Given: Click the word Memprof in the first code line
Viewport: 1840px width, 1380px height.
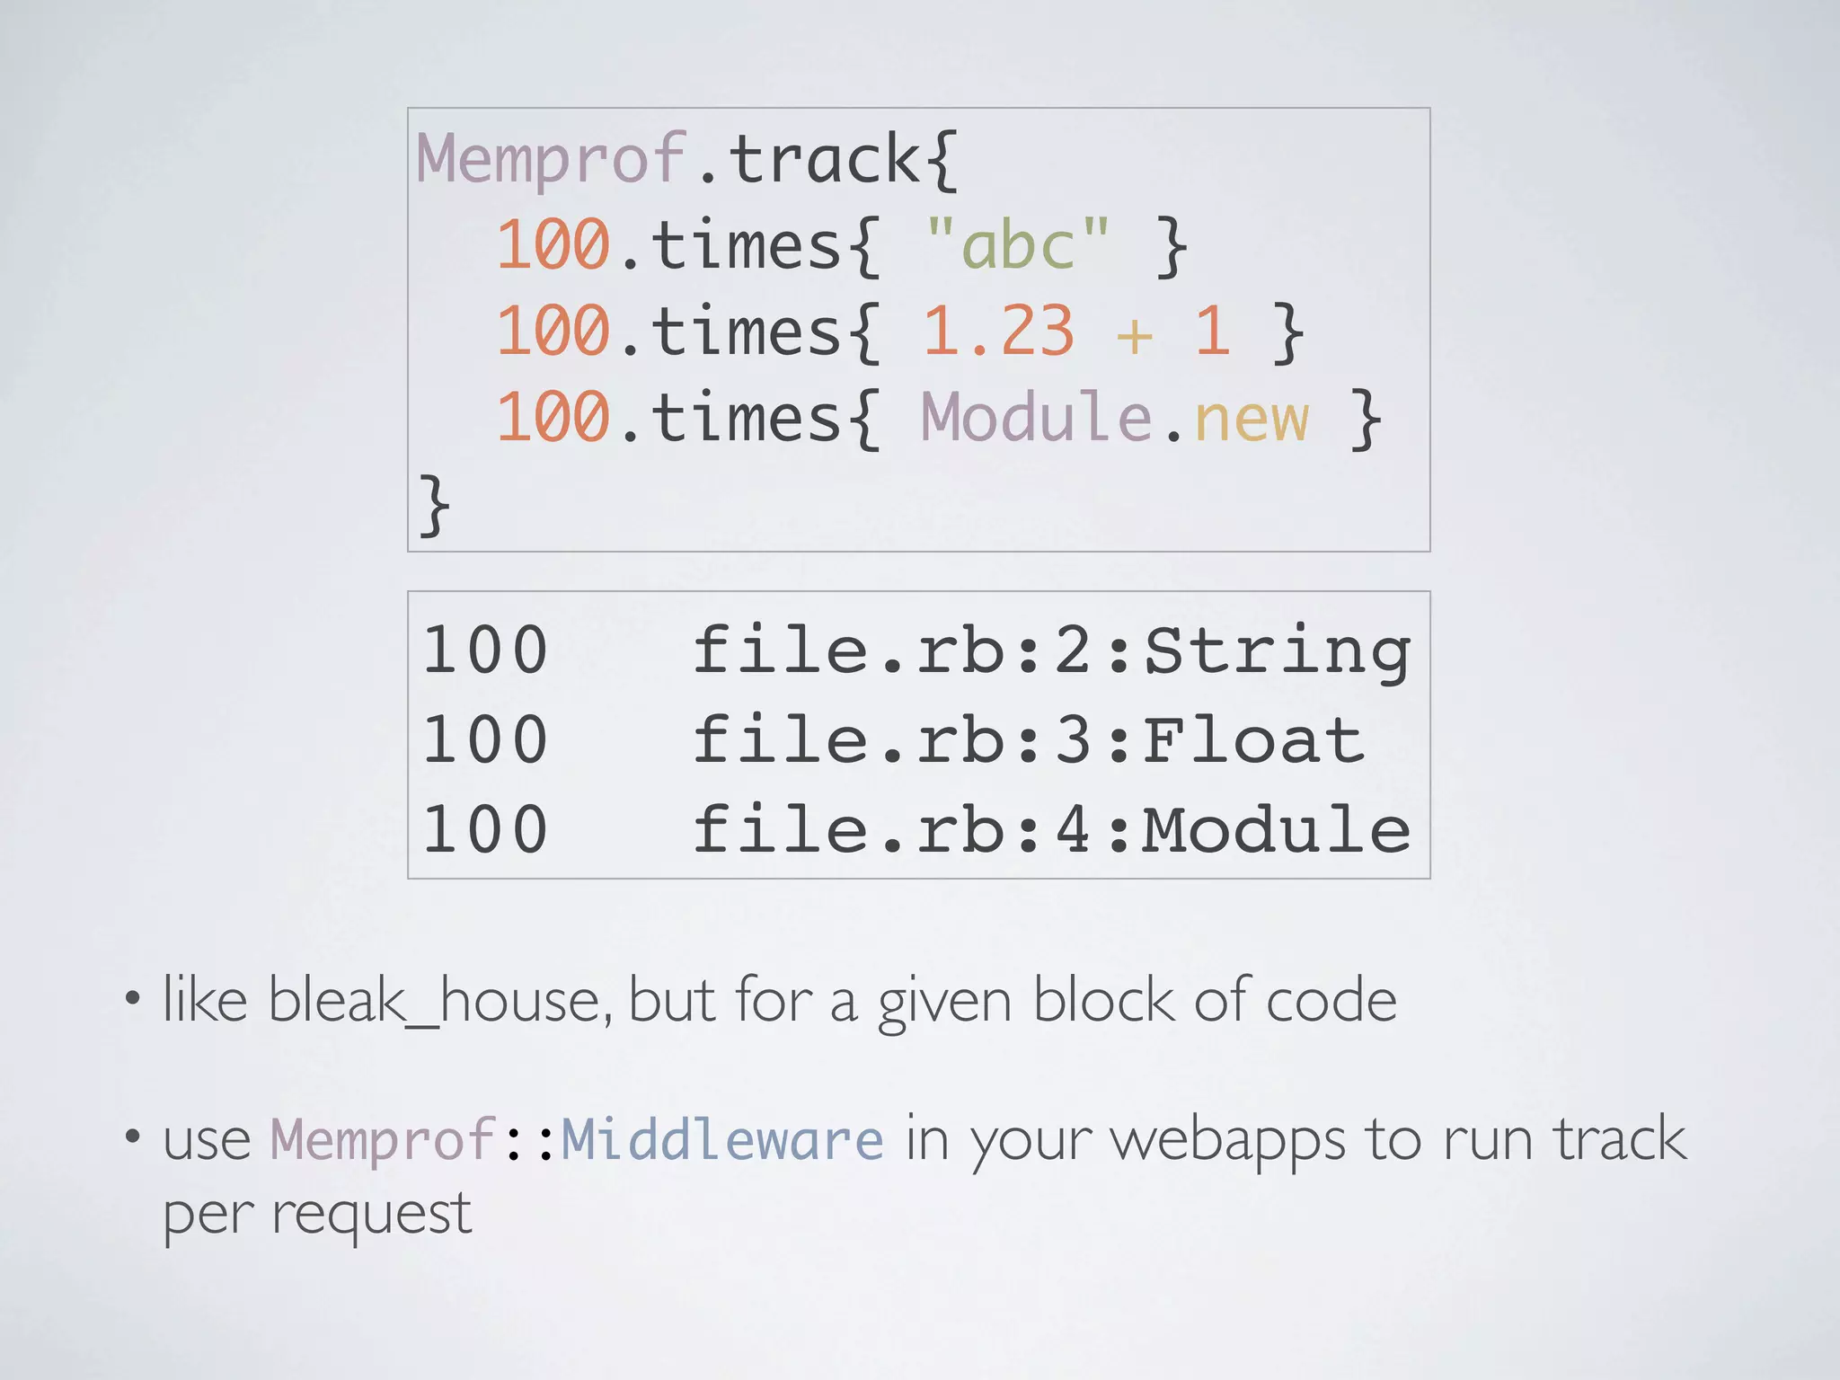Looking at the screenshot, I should (x=550, y=160).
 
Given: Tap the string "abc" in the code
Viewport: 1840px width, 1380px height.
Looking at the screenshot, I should (x=1017, y=244).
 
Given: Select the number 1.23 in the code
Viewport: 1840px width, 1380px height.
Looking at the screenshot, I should (x=998, y=331).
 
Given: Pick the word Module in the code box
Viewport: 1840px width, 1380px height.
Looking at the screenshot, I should (x=1036, y=417).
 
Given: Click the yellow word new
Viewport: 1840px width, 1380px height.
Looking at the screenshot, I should (x=1251, y=419).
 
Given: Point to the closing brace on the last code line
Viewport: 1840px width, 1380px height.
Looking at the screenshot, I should (x=434, y=504).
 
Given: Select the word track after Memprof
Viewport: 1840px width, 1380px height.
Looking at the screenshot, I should (x=823, y=160).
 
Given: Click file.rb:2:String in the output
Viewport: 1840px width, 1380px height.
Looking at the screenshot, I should (x=1051, y=650).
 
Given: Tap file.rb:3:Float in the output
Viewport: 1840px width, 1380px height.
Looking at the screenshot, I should (x=1029, y=740).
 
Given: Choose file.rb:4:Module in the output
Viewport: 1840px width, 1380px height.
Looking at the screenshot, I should (x=1051, y=829).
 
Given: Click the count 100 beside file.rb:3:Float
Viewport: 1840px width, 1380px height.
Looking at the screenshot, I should (x=485, y=740).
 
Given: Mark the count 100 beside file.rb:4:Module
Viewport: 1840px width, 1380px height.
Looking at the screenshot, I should (x=485, y=829).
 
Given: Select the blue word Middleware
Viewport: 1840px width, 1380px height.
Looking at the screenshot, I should (x=722, y=1139).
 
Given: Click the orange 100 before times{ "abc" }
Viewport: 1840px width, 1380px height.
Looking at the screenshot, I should (x=553, y=244).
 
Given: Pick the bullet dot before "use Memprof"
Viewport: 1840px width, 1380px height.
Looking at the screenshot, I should (x=133, y=1137).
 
